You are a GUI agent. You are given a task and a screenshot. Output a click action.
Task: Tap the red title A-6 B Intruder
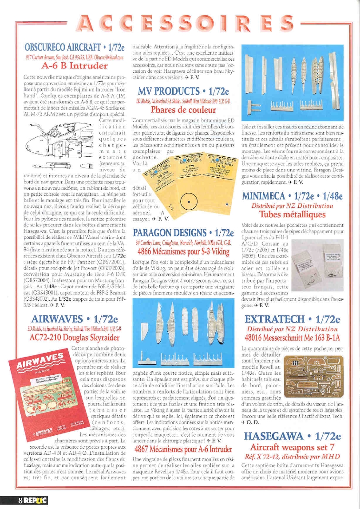75,66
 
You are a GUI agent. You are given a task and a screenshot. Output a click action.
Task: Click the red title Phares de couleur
183,110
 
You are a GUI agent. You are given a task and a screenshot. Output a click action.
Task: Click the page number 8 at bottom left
20,500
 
